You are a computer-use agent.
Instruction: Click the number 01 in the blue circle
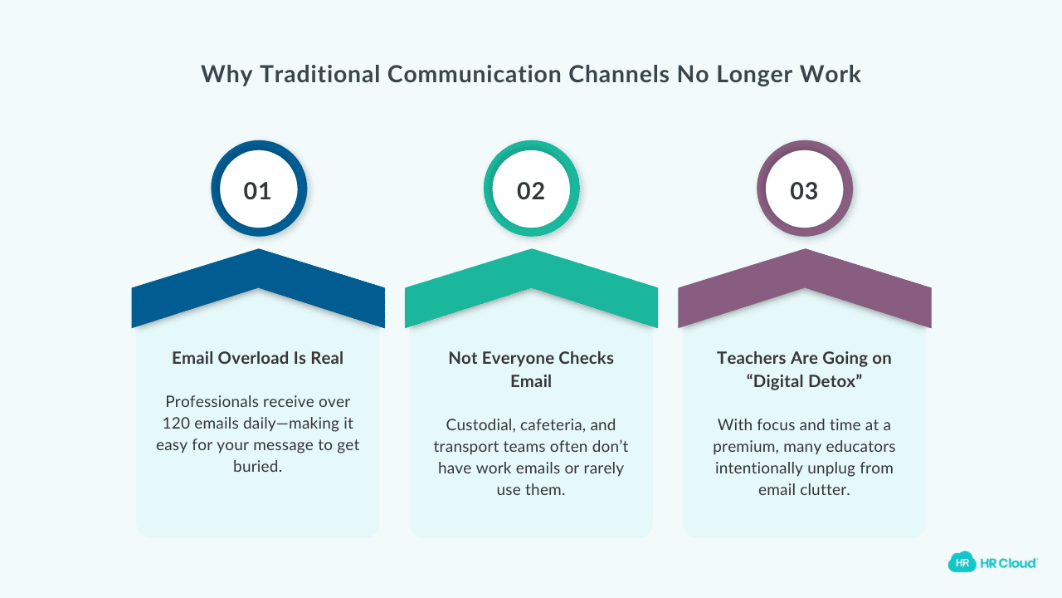[x=257, y=191]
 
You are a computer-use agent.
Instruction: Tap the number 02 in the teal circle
[x=531, y=191]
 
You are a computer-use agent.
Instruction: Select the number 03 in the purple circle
[x=804, y=191]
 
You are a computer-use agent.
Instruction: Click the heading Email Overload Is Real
[x=258, y=358]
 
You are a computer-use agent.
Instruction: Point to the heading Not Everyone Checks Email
[x=531, y=369]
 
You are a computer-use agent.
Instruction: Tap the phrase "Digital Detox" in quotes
[x=804, y=380]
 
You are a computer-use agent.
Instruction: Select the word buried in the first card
[x=258, y=466]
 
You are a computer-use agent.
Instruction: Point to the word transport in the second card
[x=465, y=447]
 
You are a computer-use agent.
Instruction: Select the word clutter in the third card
[x=826, y=490]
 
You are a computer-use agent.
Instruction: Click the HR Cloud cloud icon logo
[x=962, y=562]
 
